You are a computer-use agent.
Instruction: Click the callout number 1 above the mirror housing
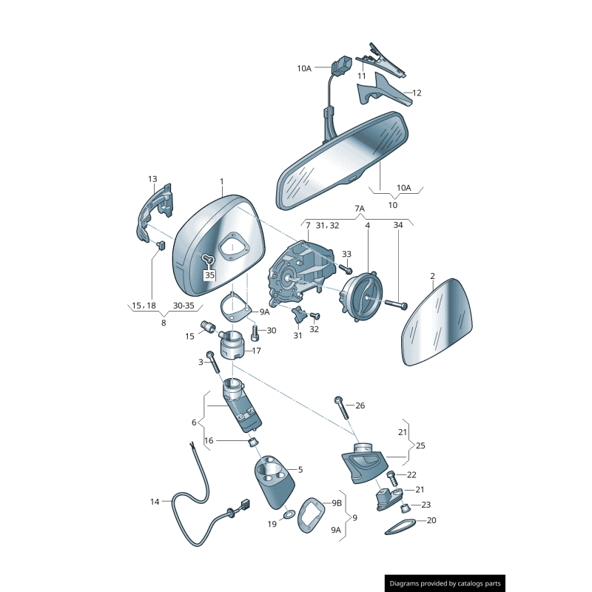click(x=221, y=181)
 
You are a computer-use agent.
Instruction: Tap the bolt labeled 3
click(x=214, y=362)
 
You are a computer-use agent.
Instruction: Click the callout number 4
click(x=367, y=225)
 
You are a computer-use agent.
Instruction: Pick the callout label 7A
click(x=360, y=209)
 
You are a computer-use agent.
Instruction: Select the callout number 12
click(x=417, y=93)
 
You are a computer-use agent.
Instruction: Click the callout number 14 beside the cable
click(x=155, y=502)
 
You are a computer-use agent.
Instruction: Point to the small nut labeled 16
click(x=252, y=442)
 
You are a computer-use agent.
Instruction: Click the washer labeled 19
click(x=288, y=513)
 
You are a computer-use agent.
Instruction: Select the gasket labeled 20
click(x=400, y=527)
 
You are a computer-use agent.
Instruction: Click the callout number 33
click(x=346, y=255)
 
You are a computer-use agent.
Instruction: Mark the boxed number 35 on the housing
click(x=209, y=275)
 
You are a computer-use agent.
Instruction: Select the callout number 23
click(x=425, y=505)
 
